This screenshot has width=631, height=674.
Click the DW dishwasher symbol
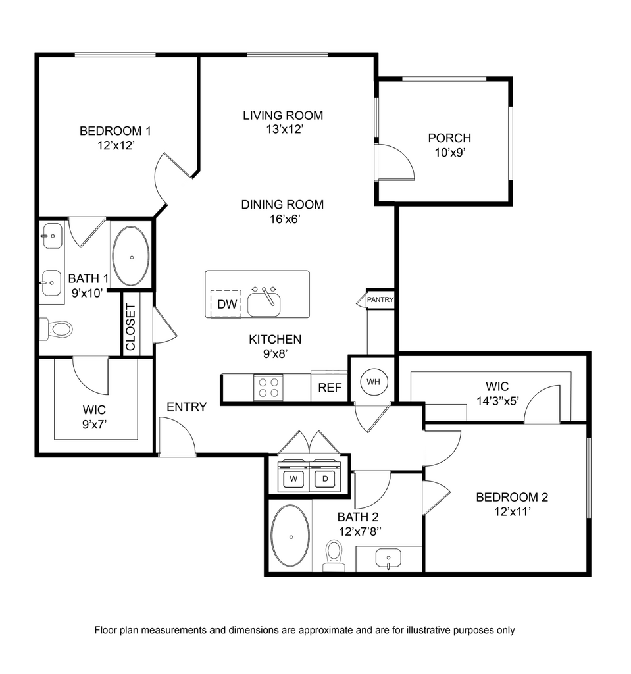tap(226, 303)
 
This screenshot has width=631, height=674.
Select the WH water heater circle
tap(374, 382)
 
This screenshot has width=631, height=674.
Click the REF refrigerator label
tap(330, 388)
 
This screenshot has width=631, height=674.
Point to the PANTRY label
tap(380, 299)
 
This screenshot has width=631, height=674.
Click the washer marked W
tap(293, 476)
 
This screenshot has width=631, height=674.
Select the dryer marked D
tap(325, 476)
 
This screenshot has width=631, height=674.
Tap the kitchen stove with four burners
tap(268, 387)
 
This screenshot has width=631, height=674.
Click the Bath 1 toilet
tap(56, 330)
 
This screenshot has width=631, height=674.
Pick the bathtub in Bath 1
tap(131, 256)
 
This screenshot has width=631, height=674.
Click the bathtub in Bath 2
tap(291, 536)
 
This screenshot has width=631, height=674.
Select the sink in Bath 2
tap(389, 558)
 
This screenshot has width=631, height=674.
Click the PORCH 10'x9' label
tap(449, 145)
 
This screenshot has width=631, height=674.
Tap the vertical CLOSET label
tap(131, 326)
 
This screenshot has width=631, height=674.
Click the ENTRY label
tap(187, 407)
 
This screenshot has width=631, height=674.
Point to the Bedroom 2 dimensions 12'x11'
tap(513, 512)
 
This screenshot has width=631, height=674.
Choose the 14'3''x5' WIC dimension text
tap(497, 401)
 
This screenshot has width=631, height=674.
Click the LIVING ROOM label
tap(283, 115)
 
